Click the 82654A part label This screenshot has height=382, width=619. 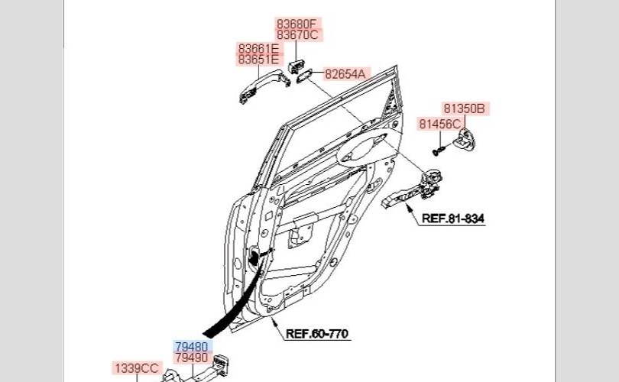point(345,74)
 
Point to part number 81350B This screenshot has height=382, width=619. point(465,108)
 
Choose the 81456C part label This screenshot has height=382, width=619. point(439,124)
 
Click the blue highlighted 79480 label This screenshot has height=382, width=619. point(191,346)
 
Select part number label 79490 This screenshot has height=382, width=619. point(191,358)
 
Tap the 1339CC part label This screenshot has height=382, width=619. point(136,368)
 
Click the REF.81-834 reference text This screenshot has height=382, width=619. point(453,219)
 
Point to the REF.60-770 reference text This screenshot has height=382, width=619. point(317,334)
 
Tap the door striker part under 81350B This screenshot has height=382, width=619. point(465,138)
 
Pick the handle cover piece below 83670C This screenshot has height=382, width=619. point(297,62)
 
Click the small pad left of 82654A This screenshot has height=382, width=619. point(303,75)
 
